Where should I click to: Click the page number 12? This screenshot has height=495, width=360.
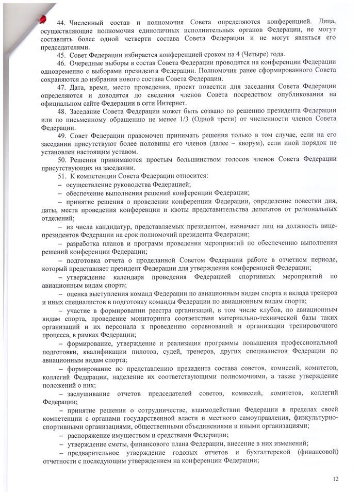pos(336,479)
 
